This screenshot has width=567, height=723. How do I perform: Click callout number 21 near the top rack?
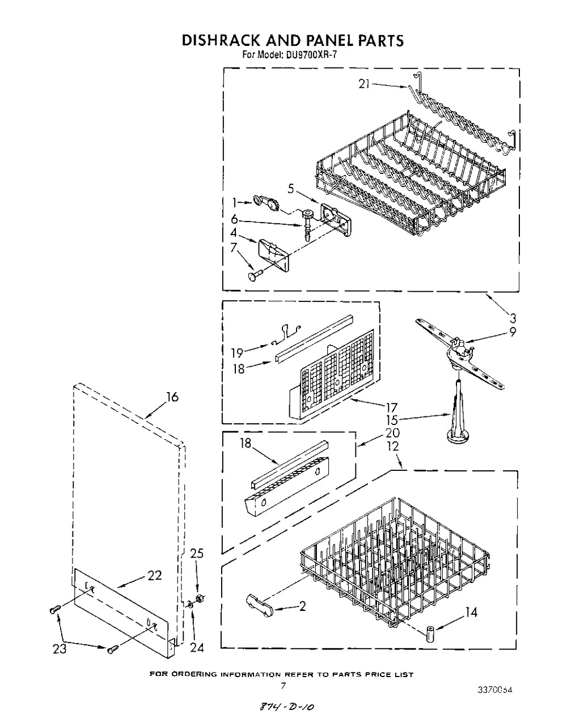click(x=364, y=84)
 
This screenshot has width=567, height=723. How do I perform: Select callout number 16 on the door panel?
click(x=171, y=397)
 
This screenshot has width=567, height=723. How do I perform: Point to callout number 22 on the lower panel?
click(x=155, y=576)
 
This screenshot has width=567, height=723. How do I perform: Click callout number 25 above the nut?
click(x=196, y=554)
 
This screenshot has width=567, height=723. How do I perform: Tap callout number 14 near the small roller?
click(x=470, y=612)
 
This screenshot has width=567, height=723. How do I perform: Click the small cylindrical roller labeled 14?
click(x=429, y=631)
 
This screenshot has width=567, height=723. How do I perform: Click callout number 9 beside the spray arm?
click(x=512, y=333)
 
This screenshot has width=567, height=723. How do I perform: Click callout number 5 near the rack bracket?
click(x=290, y=189)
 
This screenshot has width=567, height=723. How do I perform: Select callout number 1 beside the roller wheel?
click(x=234, y=202)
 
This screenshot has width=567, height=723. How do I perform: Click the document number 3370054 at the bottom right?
click(x=494, y=690)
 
